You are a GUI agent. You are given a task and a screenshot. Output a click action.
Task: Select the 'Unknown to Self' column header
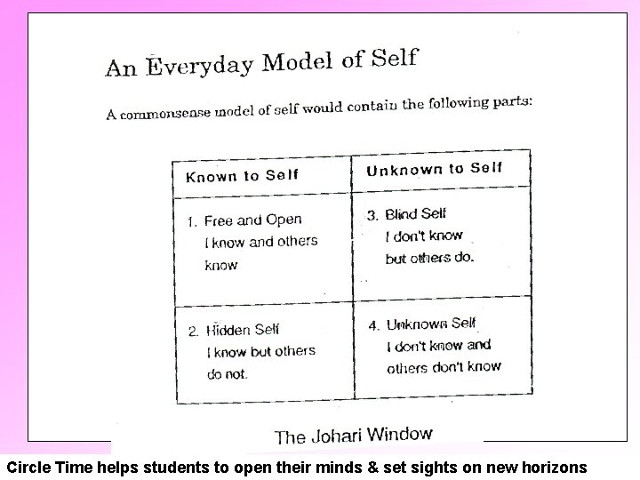(x=435, y=169)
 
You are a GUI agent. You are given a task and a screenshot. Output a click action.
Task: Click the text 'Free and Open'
(x=253, y=220)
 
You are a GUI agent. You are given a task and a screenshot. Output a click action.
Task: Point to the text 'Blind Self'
(x=416, y=214)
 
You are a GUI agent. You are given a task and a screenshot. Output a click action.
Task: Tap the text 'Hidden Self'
(x=243, y=330)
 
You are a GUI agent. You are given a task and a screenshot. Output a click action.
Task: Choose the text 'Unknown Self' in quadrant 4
(x=431, y=324)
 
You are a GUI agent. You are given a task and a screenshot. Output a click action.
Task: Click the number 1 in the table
(x=191, y=221)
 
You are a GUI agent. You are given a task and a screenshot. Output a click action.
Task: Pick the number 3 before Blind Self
(x=372, y=215)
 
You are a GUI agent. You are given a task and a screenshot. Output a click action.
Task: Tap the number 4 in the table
(x=373, y=324)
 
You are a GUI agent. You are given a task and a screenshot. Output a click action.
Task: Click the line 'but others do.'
(x=430, y=258)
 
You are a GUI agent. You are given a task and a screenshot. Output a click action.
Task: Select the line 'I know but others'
(x=260, y=352)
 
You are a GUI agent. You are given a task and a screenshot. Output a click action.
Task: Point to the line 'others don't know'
(x=444, y=366)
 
